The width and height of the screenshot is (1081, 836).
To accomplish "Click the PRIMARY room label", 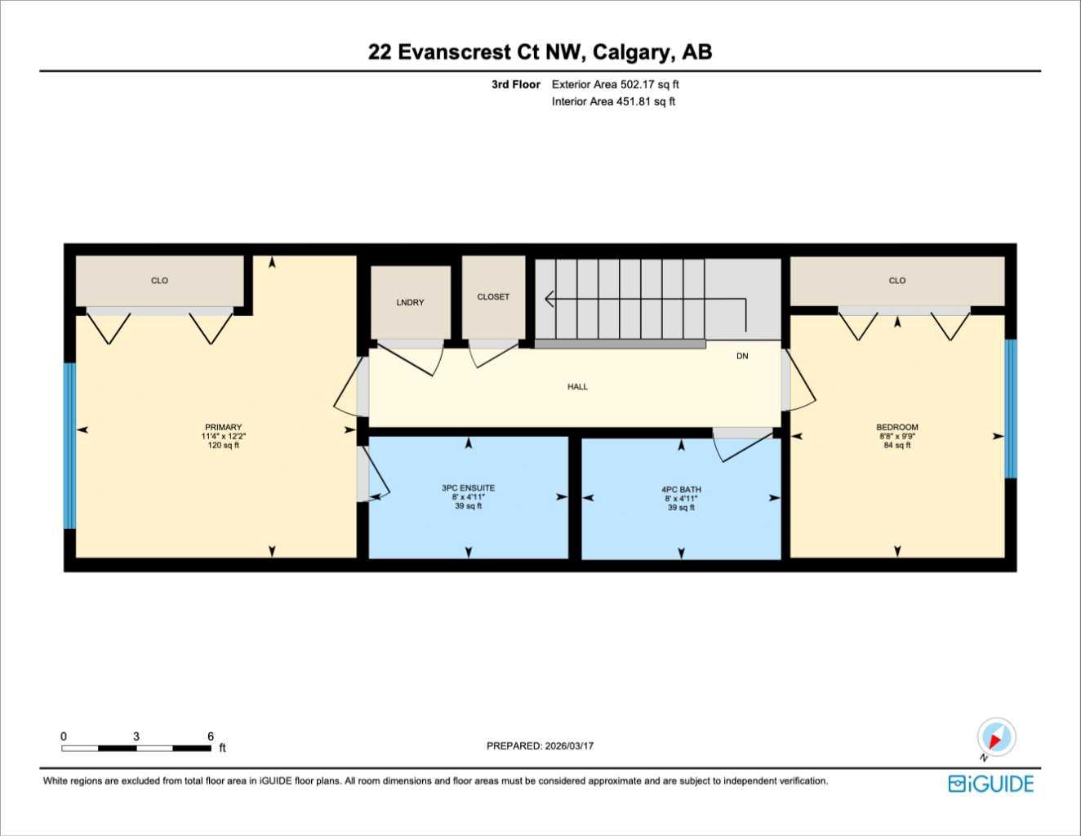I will [223, 427].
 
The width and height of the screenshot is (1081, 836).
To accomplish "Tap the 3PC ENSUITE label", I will [468, 488].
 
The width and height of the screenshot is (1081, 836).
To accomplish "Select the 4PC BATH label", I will [681, 490].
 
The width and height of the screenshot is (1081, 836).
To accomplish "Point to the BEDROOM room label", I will [896, 427].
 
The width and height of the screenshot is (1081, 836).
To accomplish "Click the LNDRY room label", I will [410, 302].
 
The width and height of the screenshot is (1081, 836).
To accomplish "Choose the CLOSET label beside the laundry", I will [493, 296].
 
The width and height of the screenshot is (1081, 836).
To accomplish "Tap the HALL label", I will [577, 386].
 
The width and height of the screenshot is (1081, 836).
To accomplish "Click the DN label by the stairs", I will [741, 356].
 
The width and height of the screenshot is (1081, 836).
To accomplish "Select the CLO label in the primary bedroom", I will [159, 280].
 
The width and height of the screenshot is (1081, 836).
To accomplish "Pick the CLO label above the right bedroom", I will [896, 280].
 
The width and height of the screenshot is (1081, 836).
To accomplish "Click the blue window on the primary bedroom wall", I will [69, 446].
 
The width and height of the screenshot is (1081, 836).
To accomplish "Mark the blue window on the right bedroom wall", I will [1011, 408].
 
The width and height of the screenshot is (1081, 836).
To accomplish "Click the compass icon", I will [995, 738].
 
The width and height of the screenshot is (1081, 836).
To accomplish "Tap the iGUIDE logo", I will [990, 784].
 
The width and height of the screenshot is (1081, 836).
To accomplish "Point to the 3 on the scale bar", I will [136, 736].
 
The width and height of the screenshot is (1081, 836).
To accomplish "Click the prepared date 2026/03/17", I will [566, 745].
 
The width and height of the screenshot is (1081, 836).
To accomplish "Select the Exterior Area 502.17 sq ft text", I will [615, 84].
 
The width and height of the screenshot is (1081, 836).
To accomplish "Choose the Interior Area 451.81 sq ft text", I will [613, 101].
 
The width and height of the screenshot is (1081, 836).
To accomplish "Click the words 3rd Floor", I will [515, 84].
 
